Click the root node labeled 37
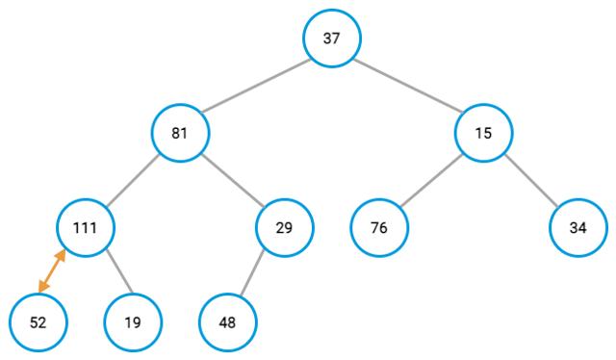click(332, 39)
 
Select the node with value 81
click(180, 133)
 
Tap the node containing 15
click(483, 133)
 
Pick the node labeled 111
click(86, 228)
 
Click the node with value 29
click(285, 228)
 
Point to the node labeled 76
click(379, 228)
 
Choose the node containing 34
click(578, 228)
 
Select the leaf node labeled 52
click(38, 322)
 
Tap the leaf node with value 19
click(133, 322)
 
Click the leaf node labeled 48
click(227, 322)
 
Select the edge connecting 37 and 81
click(256, 86)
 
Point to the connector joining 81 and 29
click(232, 180)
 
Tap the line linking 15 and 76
click(431, 180)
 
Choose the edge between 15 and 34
click(530, 180)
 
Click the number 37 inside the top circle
click(332, 39)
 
